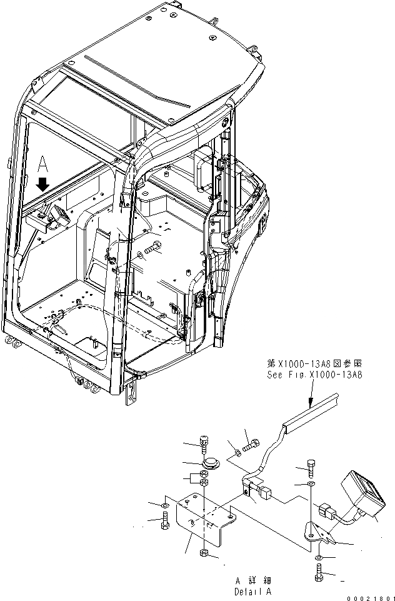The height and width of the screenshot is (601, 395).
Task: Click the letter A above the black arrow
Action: point(42,164)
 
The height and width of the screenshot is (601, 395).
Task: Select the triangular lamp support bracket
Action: point(319,532)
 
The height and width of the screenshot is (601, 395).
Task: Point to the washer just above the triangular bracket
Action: point(311,484)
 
